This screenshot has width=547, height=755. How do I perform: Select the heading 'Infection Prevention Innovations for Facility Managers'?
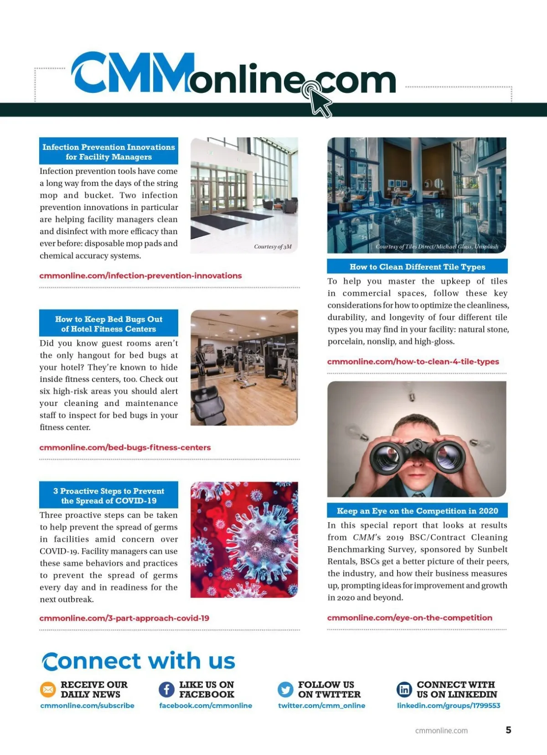tap(108, 152)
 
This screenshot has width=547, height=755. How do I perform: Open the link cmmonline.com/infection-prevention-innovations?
tap(140, 276)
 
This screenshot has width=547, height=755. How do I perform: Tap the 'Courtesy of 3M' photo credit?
tap(273, 247)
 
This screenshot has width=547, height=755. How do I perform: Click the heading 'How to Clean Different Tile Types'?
tap(417, 267)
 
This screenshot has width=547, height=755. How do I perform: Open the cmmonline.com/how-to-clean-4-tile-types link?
tap(413, 362)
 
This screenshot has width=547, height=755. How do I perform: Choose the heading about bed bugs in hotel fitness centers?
tap(108, 324)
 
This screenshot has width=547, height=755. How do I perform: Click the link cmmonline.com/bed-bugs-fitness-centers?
tap(125, 447)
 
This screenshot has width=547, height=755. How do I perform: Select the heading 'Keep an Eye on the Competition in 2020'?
tap(417, 511)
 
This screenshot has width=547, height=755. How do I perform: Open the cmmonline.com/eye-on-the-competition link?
tap(409, 618)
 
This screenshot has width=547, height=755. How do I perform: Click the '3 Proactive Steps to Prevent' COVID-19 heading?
tap(108, 496)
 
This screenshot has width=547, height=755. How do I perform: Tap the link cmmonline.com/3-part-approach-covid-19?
tap(124, 618)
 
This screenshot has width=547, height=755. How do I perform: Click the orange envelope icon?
tap(47, 690)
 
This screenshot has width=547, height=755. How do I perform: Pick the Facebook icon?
tap(166, 690)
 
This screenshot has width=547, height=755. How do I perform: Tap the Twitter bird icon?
tap(285, 690)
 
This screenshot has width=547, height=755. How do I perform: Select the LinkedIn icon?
tap(404, 690)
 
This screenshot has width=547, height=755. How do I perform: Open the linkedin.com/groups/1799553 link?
tap(449, 705)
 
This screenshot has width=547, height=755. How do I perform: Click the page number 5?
tap(508, 730)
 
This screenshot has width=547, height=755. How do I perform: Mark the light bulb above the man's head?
tap(412, 392)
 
